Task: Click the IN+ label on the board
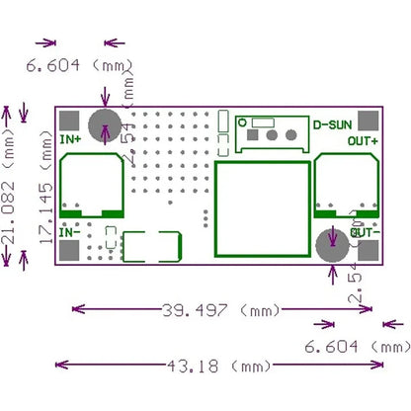click(70, 139)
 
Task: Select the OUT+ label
click(363, 140)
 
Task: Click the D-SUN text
click(331, 125)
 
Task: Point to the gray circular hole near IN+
click(104, 126)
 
